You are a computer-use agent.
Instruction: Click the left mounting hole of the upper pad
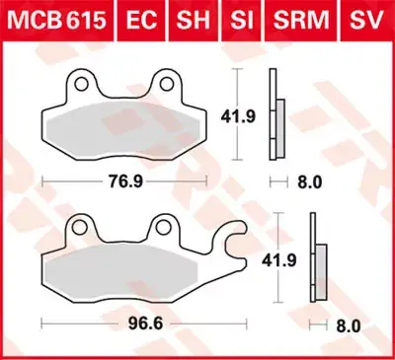84,84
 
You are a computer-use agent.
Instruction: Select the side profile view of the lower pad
319,264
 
